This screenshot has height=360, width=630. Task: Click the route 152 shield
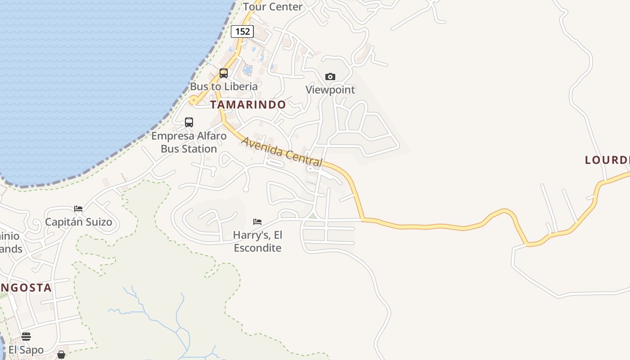(242, 31)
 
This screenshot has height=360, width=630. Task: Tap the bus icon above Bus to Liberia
(224, 73)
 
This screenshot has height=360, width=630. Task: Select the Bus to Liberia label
(224, 86)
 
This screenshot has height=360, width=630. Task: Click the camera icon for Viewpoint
(330, 76)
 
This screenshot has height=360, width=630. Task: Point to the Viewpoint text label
(330, 90)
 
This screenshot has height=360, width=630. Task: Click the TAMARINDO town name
(248, 105)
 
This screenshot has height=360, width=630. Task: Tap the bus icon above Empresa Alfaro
(189, 122)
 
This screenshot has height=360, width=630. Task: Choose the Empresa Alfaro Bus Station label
(189, 142)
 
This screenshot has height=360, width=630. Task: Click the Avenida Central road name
(282, 152)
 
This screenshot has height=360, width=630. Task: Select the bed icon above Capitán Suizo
(78, 209)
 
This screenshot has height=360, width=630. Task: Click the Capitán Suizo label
(78, 222)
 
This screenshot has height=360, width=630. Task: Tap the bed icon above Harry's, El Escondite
(257, 222)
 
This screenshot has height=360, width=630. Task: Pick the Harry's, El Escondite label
(258, 241)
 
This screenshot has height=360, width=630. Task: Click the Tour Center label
(273, 7)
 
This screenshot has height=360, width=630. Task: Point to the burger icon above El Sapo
(26, 337)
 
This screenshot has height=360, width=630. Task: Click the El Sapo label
(26, 350)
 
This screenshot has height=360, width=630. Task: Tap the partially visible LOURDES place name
(607, 160)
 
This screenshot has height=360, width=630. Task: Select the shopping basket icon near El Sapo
(61, 355)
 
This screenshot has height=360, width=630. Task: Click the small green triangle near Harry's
(313, 216)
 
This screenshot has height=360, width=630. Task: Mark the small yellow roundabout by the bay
(193, 100)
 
